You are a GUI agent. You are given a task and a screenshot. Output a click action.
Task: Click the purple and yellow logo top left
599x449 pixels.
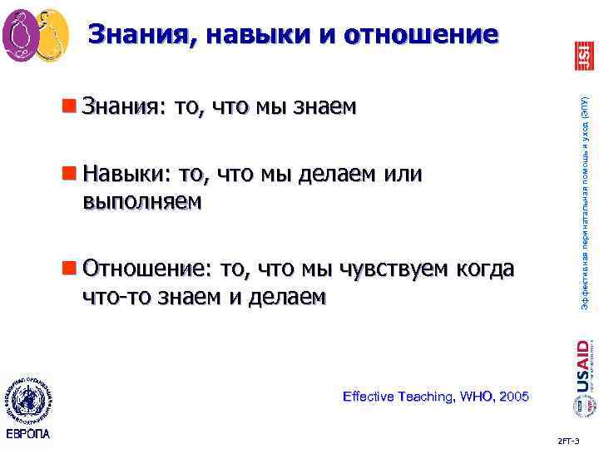click(x=35, y=35)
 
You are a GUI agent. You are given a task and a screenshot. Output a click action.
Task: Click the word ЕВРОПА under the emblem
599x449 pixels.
click(x=27, y=435)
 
